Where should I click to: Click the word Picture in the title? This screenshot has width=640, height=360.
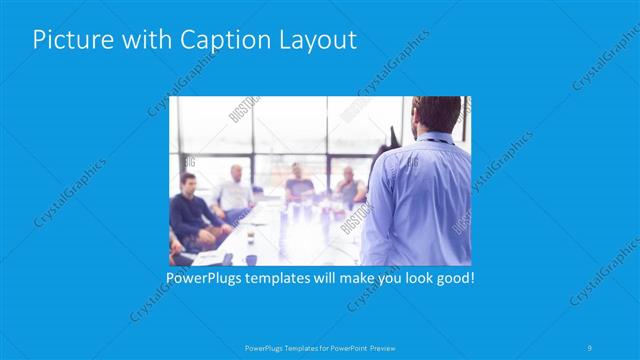point(67,40)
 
